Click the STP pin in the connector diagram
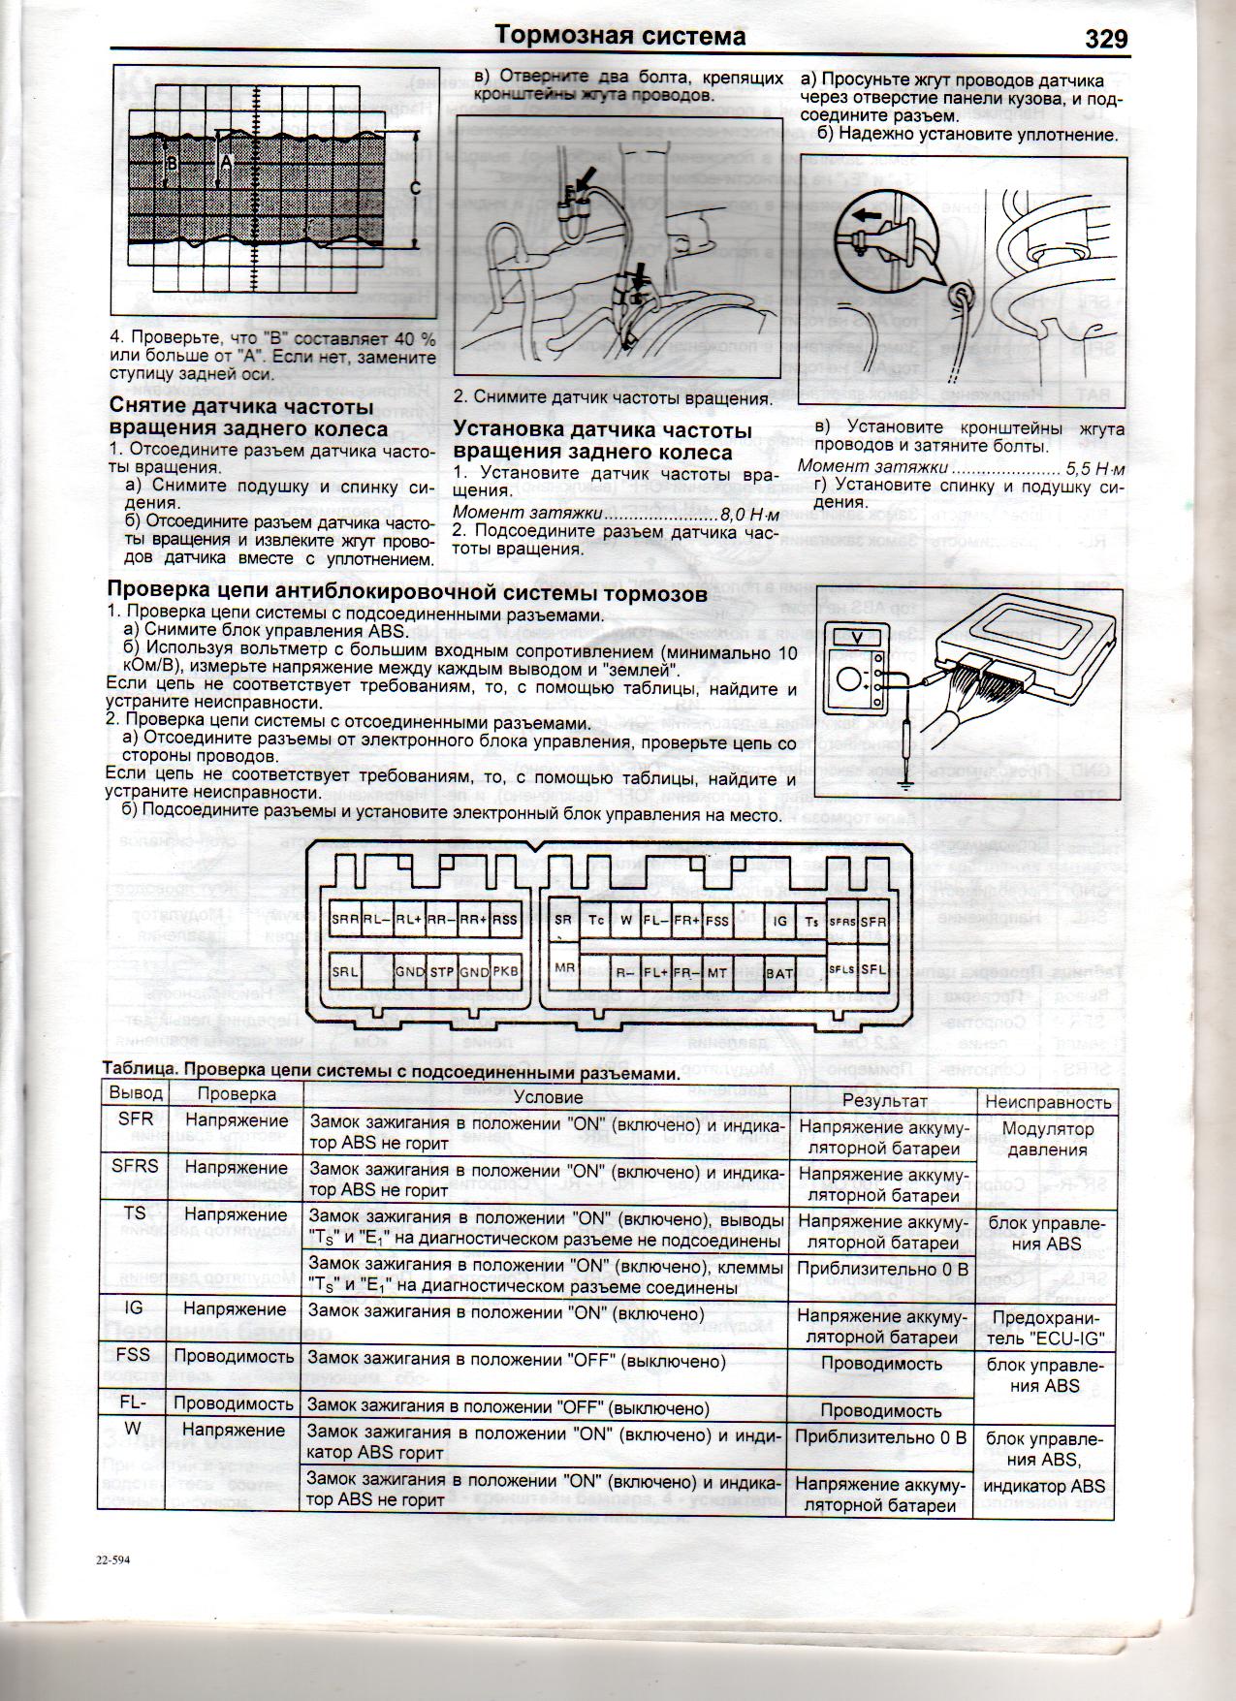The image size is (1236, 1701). pos(442,970)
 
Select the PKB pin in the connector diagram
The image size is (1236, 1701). pos(506,970)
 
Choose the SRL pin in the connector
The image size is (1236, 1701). pos(345,970)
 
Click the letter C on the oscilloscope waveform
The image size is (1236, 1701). pos(415,190)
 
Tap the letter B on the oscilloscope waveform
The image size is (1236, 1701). pos(171,165)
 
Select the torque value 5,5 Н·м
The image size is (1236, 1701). pos(1093,466)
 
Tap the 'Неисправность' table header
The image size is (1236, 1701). pos(1047,1101)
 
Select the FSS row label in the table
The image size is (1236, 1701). pos(133,1354)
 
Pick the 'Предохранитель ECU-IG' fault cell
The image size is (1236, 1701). pos(1047,1328)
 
